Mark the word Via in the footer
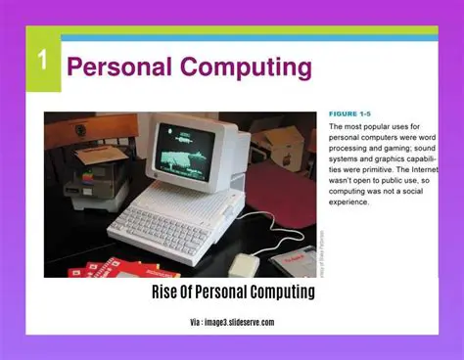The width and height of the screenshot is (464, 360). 197,322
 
